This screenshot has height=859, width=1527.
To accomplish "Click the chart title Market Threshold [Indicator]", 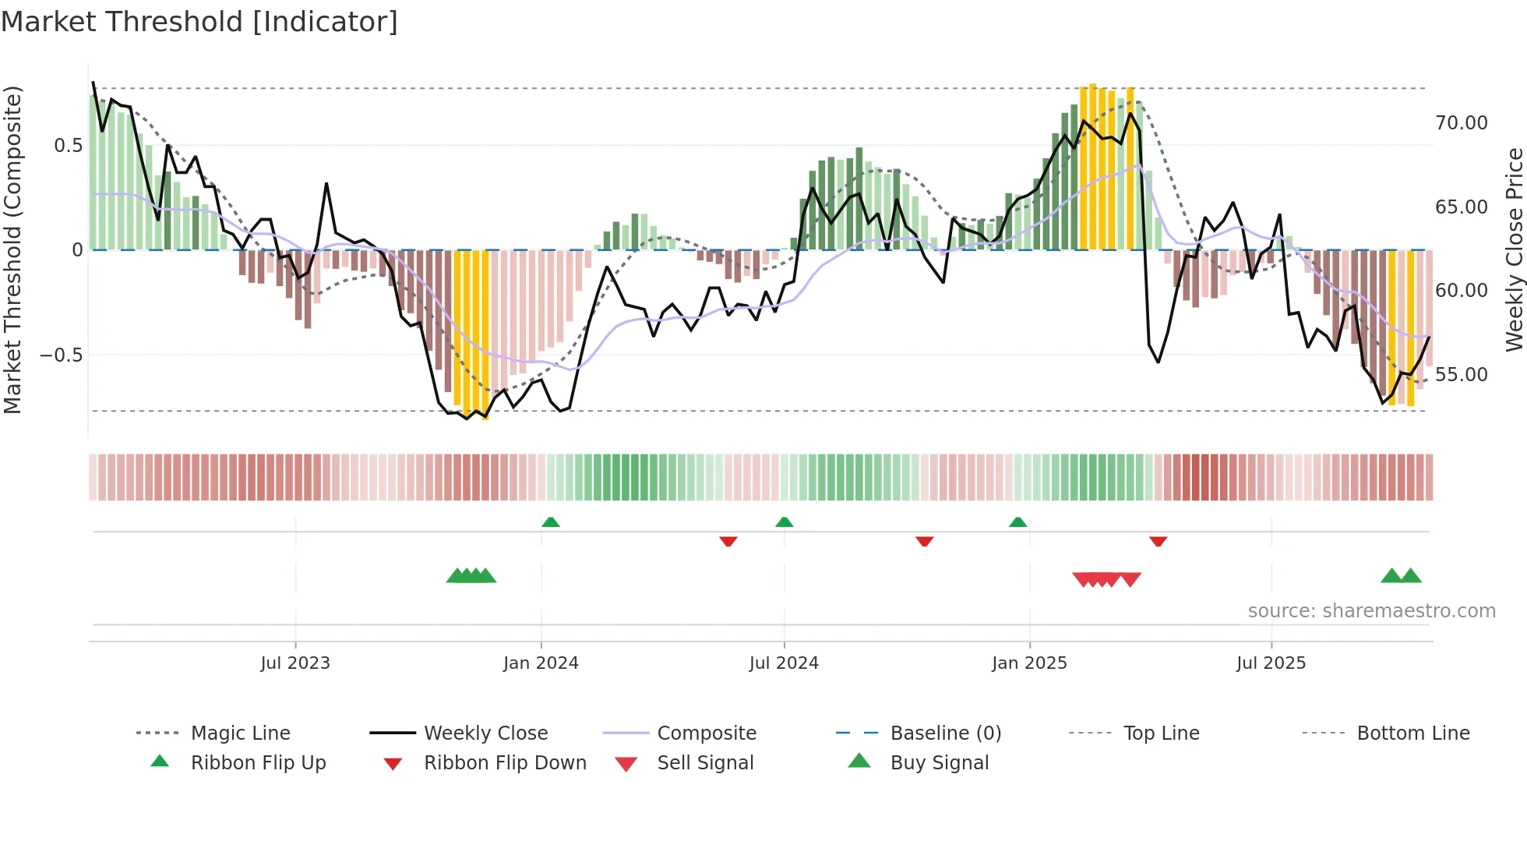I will (199, 22).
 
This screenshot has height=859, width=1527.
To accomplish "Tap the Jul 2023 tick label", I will (295, 663).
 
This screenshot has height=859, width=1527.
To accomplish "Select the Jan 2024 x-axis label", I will (541, 663).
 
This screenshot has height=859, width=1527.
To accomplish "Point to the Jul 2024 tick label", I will (784, 663).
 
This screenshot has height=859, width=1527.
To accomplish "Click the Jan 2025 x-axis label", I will (1029, 663).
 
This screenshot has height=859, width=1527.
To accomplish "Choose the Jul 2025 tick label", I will (1271, 663).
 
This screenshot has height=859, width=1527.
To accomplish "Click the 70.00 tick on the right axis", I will (1461, 123).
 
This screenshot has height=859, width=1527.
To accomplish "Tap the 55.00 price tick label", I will (1461, 375).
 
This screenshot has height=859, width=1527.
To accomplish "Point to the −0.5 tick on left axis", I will (61, 355).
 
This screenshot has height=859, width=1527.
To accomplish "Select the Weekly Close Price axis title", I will (1514, 249).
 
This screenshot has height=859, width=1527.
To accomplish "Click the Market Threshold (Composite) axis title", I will (12, 249).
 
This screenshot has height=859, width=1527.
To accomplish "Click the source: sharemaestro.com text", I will (1371, 611).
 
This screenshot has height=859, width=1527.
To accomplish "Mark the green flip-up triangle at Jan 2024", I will (551, 522).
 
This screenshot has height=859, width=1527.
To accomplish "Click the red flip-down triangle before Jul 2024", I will (728, 541).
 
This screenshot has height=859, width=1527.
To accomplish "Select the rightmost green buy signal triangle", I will (1411, 577).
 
